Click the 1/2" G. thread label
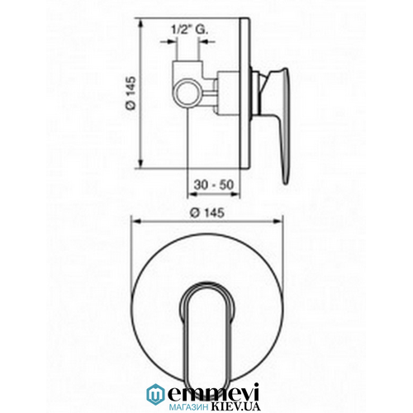point(190,30)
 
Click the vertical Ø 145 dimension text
point(131,93)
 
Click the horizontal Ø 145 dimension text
point(208,213)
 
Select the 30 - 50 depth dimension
point(214,184)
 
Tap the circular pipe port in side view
point(188,93)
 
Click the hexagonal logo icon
point(155,393)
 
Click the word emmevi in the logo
point(213,392)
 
